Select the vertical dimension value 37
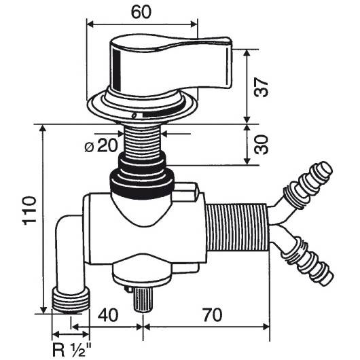[x=266, y=86]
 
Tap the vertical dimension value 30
[x=266, y=144]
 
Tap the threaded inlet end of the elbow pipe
[x=71, y=298]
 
